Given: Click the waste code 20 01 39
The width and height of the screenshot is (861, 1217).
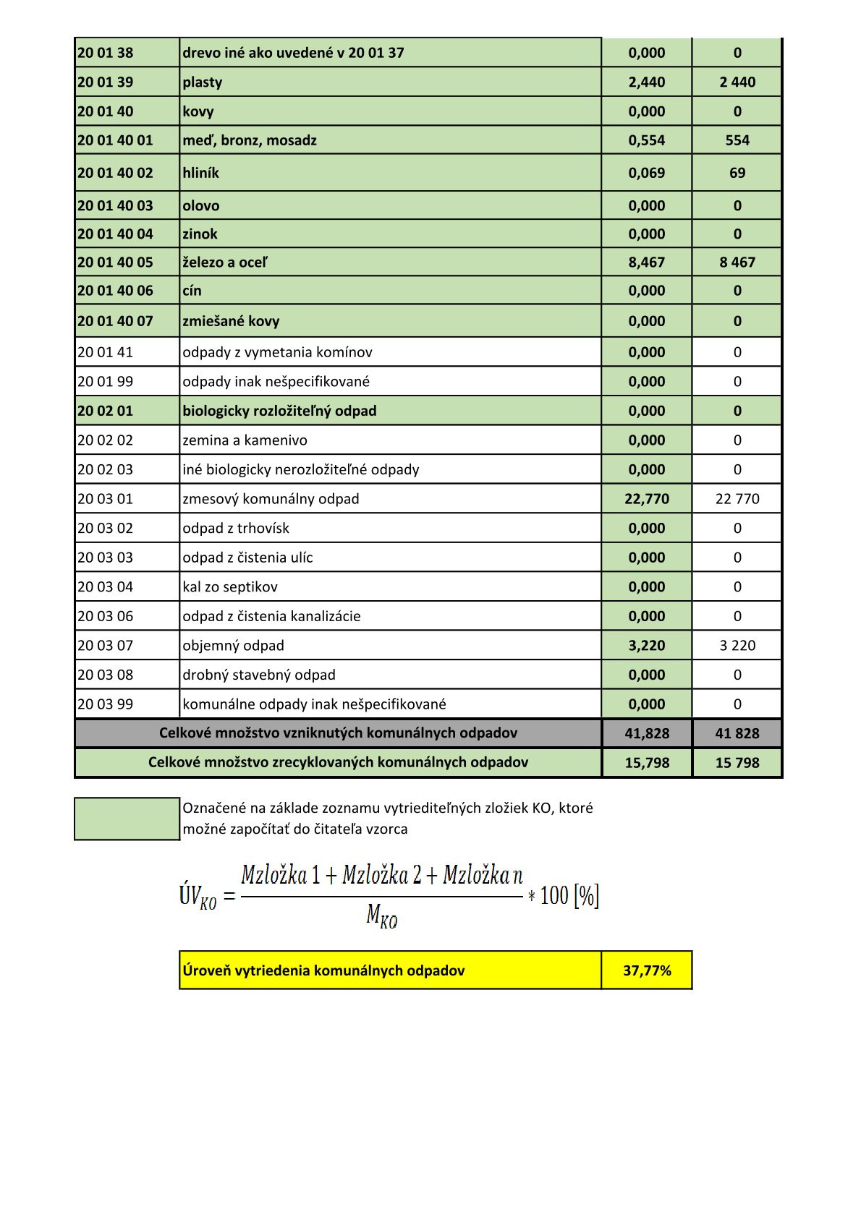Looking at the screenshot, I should click(106, 82).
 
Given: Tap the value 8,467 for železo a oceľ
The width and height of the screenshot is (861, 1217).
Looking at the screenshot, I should click(646, 262).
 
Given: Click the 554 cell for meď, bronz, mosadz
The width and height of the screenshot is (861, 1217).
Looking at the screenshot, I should click(737, 140).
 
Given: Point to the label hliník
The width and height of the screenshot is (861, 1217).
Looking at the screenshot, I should click(200, 173).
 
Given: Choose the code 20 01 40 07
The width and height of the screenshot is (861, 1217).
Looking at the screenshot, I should click(115, 321).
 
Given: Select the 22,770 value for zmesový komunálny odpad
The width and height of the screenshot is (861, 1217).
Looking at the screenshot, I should click(646, 499).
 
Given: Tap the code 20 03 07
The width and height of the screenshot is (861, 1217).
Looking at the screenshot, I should click(106, 646).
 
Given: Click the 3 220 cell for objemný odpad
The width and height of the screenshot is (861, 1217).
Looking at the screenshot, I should click(737, 646).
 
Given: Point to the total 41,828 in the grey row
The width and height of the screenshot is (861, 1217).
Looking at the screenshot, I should click(646, 733).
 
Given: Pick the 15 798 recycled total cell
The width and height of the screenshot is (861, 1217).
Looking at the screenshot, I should click(737, 763).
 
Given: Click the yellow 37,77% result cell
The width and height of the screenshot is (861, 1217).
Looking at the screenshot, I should click(646, 970).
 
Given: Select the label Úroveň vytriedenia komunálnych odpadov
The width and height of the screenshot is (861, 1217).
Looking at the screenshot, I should click(323, 970).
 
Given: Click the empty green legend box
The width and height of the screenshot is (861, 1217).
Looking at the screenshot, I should click(127, 819).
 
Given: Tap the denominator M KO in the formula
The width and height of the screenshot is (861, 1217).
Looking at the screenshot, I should click(381, 916).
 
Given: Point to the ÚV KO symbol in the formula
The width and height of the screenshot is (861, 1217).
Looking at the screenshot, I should click(198, 897).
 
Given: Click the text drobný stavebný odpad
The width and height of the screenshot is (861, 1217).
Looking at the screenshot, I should click(259, 675).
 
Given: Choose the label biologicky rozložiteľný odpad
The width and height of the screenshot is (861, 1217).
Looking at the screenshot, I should click(279, 411).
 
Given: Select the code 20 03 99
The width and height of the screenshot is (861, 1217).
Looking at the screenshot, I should click(106, 704).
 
